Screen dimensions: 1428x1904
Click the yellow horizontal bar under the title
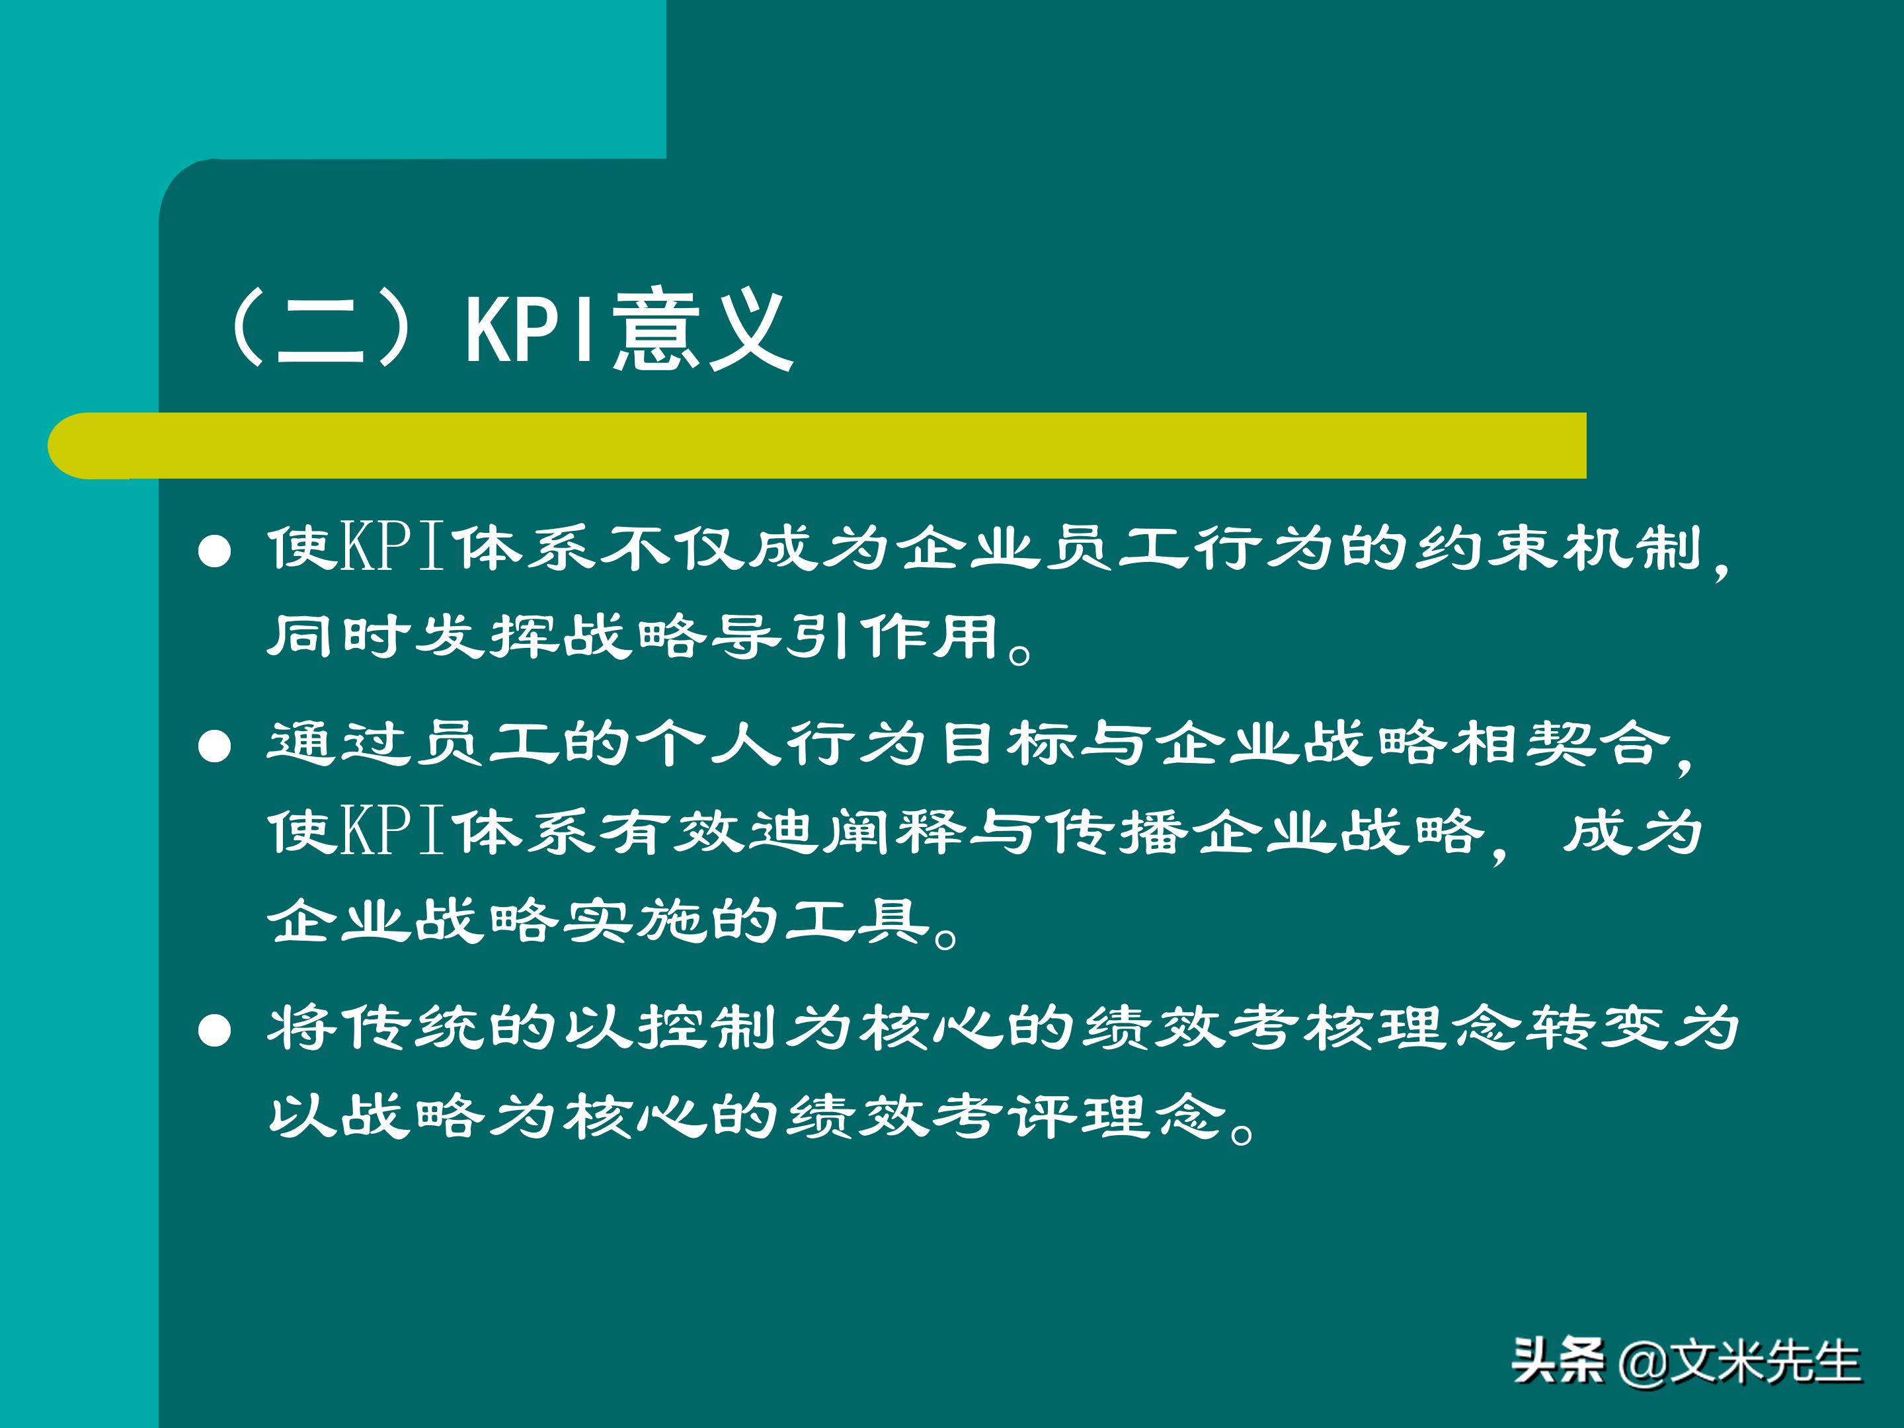coord(818,445)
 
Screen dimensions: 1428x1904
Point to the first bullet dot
coord(214,553)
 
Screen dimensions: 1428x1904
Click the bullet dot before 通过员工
coord(214,746)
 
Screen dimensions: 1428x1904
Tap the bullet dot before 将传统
coord(214,1029)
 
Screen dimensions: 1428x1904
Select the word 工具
coord(857,922)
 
